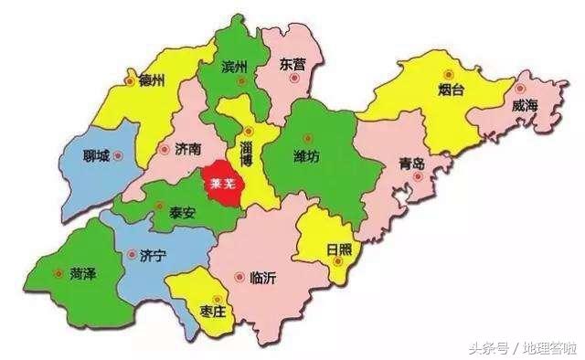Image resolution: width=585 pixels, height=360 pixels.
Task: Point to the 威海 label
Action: pyautogui.click(x=525, y=107)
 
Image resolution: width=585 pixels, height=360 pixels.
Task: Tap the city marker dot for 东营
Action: pyautogui.click(x=293, y=79)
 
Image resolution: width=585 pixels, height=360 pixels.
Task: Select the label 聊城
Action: pyautogui.click(x=96, y=155)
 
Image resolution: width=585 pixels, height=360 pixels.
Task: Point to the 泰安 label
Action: pyautogui.click(x=182, y=212)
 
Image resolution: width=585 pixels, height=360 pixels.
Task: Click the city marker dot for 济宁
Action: pyautogui.click(x=133, y=255)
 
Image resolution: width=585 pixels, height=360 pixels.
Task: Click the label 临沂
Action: pyautogui.click(x=261, y=278)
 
